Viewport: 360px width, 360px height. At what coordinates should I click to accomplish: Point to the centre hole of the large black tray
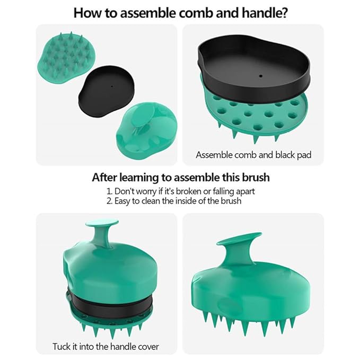[x=260, y=76]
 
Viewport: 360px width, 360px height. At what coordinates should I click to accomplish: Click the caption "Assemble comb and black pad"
[x=253, y=155]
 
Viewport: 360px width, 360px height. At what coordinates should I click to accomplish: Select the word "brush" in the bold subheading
[x=253, y=177]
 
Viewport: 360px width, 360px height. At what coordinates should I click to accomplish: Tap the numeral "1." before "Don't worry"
[x=110, y=191]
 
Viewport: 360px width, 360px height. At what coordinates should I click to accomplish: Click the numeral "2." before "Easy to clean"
[x=110, y=201]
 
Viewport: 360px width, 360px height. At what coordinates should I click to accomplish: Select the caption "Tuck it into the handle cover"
[x=106, y=347]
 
